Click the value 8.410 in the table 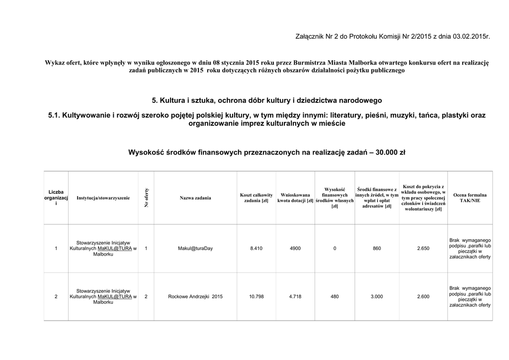(256, 249)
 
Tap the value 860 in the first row (377, 249)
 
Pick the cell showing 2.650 (423, 249)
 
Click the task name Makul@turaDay (195, 249)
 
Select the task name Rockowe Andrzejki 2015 (195, 297)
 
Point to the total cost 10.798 (256, 297)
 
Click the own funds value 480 (335, 297)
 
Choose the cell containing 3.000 (377, 297)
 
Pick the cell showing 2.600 (423, 297)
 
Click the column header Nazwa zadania (195, 198)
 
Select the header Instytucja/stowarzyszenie (103, 198)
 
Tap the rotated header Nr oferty (147, 198)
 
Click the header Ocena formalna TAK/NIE (470, 198)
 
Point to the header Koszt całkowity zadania (256, 198)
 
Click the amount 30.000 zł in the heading (391, 152)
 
